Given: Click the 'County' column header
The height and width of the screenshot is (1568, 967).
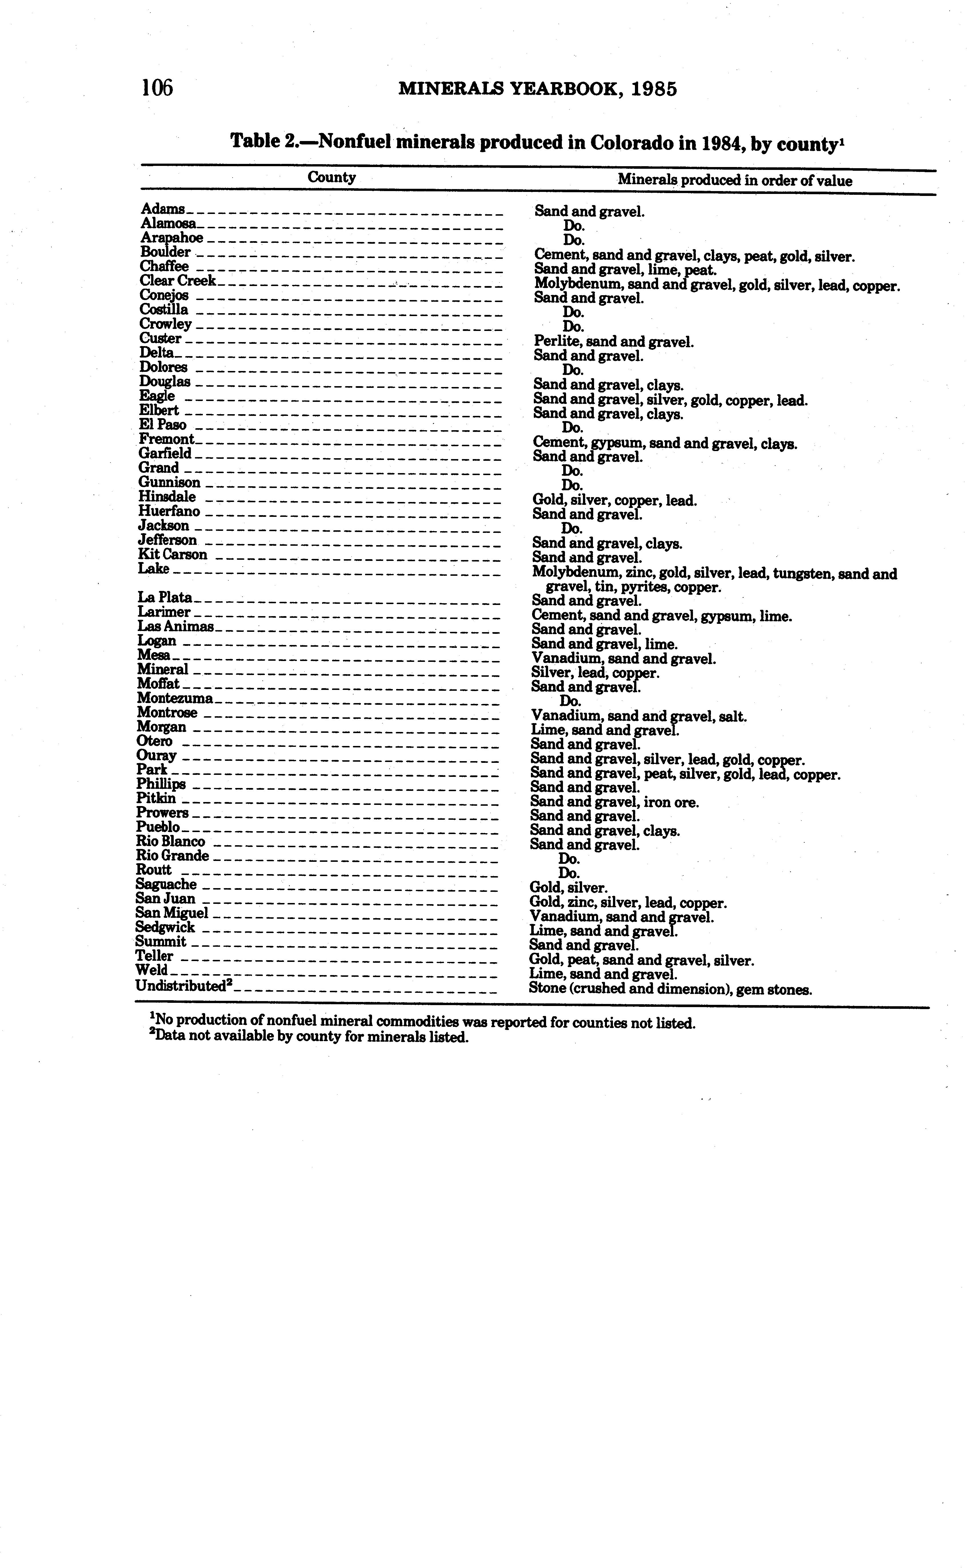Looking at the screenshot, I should (331, 177).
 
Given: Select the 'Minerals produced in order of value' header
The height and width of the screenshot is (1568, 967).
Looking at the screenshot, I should (734, 180).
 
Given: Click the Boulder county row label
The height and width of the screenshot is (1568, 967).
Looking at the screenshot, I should (165, 252).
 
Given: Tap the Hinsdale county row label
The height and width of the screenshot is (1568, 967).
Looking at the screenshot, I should (167, 497).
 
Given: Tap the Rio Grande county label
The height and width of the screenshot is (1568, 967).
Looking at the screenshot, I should (172, 856).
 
